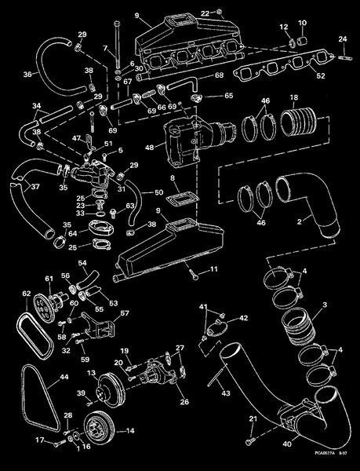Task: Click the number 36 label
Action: [x=27, y=75]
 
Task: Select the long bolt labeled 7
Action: [x=118, y=47]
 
